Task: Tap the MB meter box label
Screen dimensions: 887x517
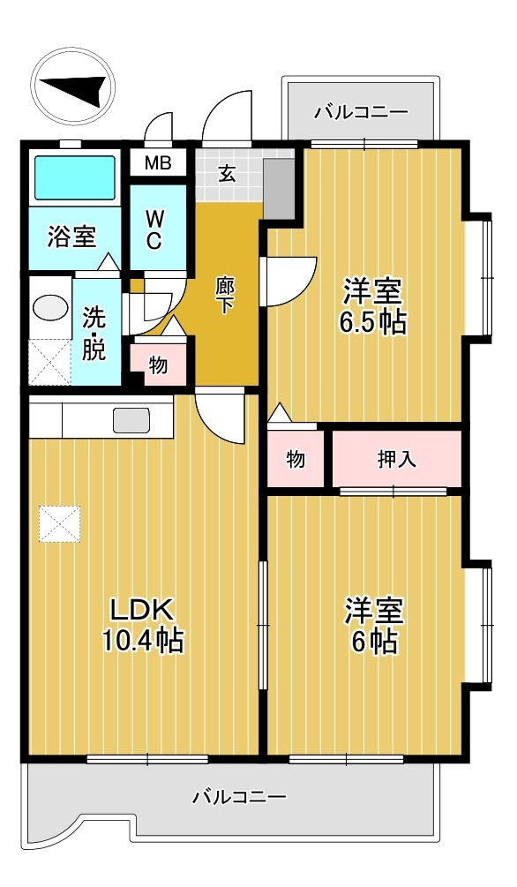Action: (x=158, y=163)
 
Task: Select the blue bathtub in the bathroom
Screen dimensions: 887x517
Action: (x=74, y=178)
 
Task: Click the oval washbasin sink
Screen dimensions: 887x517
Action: (x=49, y=308)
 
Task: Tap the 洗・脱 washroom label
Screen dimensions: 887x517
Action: (x=94, y=333)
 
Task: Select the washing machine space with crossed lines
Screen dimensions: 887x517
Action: (x=49, y=361)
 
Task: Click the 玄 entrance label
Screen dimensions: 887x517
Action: (x=227, y=173)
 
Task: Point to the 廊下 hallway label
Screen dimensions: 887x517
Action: (x=225, y=295)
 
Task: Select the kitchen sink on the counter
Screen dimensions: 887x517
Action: (x=131, y=421)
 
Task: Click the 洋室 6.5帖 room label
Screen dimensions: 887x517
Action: (x=373, y=305)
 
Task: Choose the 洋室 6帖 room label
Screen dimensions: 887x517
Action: (x=373, y=625)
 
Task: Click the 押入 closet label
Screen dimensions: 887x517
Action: (x=397, y=459)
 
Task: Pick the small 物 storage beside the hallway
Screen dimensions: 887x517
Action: (x=158, y=365)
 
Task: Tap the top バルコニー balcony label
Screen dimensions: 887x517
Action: (x=361, y=112)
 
